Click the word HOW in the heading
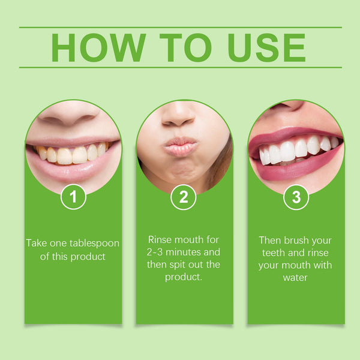click(x=98, y=47)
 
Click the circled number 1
click(x=73, y=196)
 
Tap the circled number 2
click(x=184, y=196)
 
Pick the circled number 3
click(x=296, y=196)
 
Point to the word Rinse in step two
click(x=163, y=238)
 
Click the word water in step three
click(x=296, y=278)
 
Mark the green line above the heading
click(x=180, y=27)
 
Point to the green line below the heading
click(x=180, y=67)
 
